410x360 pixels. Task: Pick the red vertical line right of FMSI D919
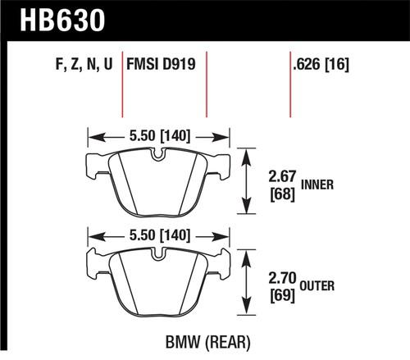click(207, 86)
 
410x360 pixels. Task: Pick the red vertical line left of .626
click(290, 86)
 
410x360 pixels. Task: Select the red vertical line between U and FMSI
click(124, 86)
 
